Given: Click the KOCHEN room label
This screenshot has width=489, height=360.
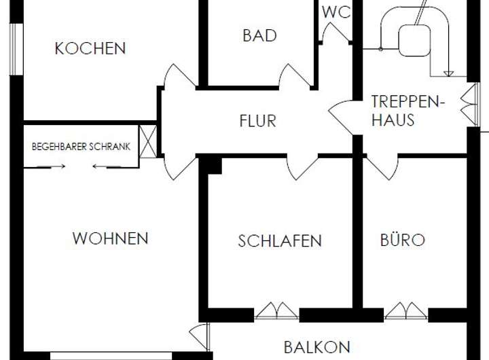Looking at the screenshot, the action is (90, 48).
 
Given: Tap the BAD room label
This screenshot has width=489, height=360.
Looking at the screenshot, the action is (259, 35).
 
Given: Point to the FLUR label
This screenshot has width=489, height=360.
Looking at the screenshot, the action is (257, 122).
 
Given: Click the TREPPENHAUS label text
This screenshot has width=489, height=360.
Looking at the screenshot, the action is (407, 111).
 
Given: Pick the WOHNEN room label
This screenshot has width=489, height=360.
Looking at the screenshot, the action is (110, 238).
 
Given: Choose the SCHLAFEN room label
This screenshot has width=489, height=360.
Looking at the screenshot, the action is (280, 240).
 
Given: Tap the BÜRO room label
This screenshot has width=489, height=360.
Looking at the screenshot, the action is (402, 240).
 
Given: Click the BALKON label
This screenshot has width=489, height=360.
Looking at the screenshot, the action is (316, 347).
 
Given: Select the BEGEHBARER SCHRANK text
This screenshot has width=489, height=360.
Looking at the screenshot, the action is (81, 147).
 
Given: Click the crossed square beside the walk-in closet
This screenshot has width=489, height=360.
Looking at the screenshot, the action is (148, 141).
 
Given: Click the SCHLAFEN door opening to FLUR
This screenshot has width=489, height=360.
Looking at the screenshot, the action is (302, 167).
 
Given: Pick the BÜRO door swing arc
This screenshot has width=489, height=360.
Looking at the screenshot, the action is (382, 167).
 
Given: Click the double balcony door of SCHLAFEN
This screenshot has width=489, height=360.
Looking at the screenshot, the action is (276, 311).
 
